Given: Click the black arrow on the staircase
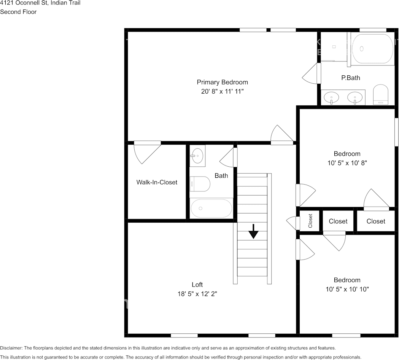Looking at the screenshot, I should coord(253,231).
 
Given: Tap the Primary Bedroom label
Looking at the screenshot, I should coord(222,82).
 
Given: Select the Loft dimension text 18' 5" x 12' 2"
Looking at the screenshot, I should coord(197,294).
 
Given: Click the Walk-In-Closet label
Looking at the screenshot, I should coord(157,182).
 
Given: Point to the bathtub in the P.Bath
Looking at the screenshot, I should coord(372,49).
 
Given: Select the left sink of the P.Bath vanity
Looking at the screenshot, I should coord(332,97).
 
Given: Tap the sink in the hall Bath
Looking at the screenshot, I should coord(197,155).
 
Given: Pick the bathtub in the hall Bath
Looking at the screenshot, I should coord(211,208).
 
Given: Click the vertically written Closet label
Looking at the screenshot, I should coord(310,221).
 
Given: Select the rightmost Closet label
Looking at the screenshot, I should coord(376,221).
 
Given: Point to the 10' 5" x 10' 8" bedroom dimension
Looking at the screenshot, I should coord(347,163).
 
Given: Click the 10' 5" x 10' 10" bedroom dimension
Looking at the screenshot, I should coord(347,289).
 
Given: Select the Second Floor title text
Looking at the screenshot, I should coord(18,12).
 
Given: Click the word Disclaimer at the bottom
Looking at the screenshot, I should coord(11,348).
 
